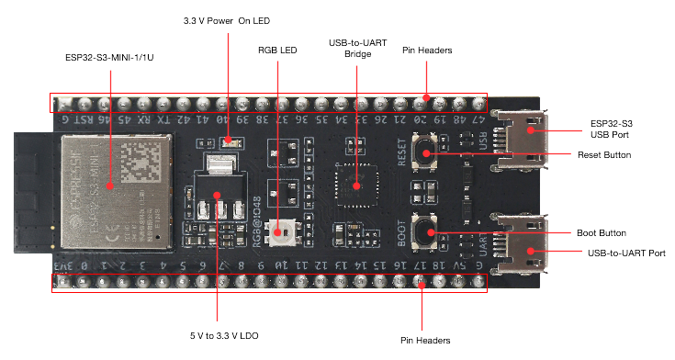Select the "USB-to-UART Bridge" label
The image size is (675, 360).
[x=357, y=49]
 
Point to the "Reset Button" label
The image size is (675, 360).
[x=604, y=154]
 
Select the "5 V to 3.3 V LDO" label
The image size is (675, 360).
[x=219, y=336]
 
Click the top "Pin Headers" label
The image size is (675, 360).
[x=427, y=50]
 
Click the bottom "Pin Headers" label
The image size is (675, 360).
[x=425, y=339]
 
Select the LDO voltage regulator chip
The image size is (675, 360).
[x=217, y=192]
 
